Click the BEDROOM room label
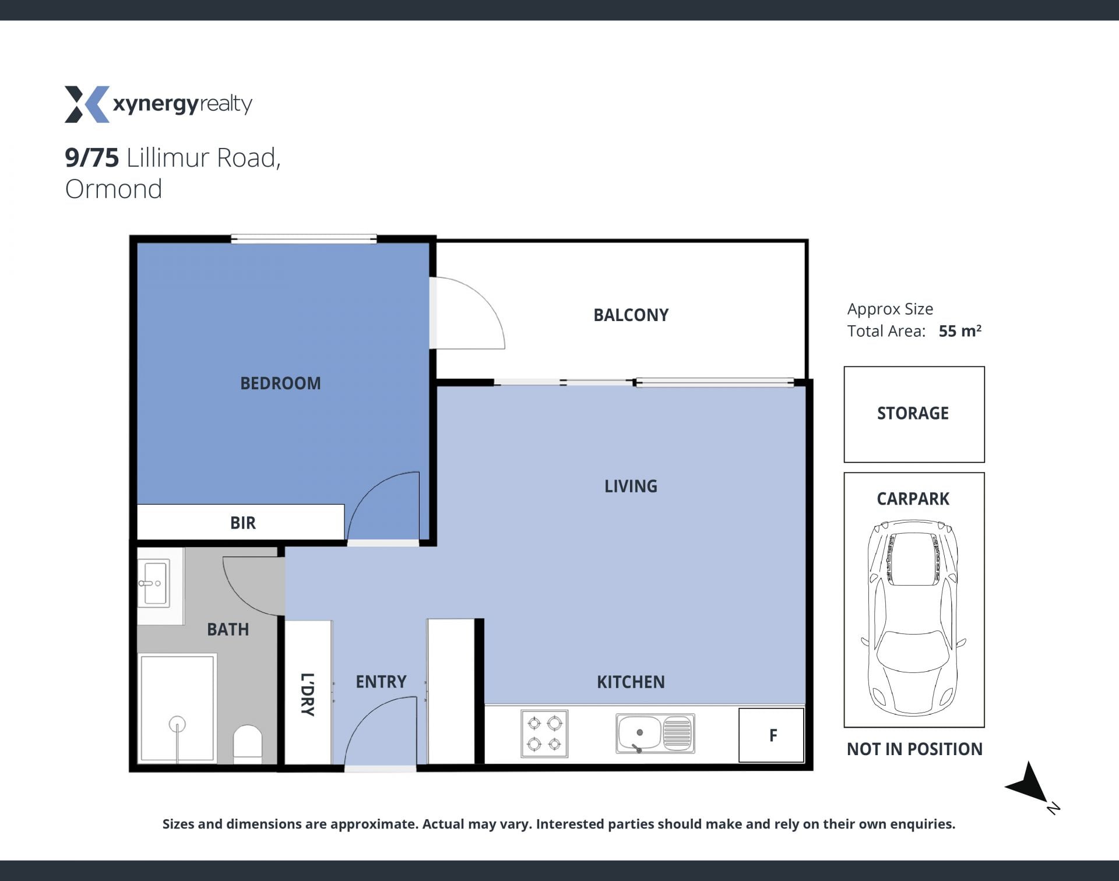click(280, 383)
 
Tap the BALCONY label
click(631, 315)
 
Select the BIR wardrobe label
click(242, 523)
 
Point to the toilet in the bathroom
click(248, 743)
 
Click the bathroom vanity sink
click(154, 583)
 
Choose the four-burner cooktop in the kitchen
click(544, 734)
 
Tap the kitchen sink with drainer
click(655, 733)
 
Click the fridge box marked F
click(772, 735)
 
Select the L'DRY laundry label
click(307, 694)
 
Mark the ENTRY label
click(381, 682)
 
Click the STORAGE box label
click(913, 413)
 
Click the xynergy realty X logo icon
click(87, 104)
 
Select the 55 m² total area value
click(960, 330)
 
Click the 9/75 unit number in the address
click(92, 158)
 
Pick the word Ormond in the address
click(114, 189)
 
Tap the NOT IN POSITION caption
click(914, 749)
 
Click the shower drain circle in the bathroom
click(177, 724)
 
